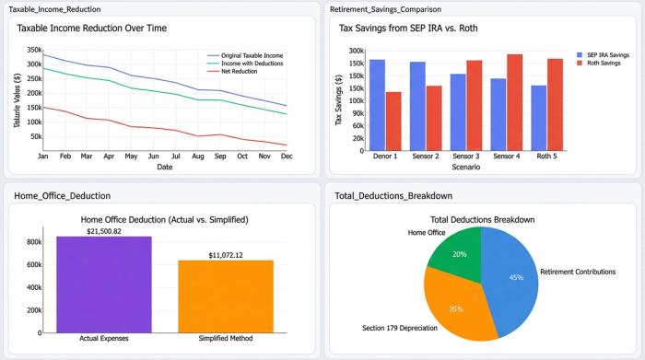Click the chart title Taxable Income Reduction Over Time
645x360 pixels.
tap(91, 29)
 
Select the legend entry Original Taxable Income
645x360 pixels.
tap(250, 55)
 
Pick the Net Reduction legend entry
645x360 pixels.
tap(239, 71)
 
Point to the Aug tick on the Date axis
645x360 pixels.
tap(197, 156)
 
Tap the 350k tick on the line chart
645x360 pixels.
tap(33, 51)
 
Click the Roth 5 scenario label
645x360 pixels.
tap(546, 157)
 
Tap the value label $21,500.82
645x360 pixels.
tap(104, 230)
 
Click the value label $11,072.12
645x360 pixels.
tap(226, 254)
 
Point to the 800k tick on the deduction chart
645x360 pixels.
tap(35, 242)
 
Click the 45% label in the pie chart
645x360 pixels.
tap(516, 277)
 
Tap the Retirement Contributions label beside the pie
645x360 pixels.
tap(585, 272)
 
